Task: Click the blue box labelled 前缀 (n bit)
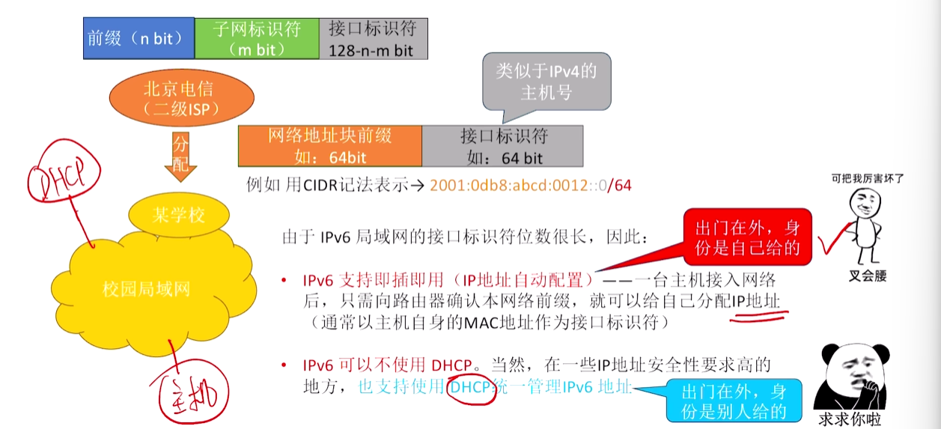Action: (x=139, y=38)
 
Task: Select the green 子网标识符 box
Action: (x=257, y=38)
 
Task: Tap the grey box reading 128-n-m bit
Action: (x=374, y=38)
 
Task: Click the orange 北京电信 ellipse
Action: (x=181, y=98)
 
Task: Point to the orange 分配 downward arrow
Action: (x=180, y=156)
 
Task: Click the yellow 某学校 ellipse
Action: (x=179, y=215)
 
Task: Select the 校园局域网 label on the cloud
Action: (x=146, y=289)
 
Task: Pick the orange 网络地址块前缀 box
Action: (x=330, y=146)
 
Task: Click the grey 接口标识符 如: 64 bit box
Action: (x=503, y=146)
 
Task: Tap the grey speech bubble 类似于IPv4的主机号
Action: (x=546, y=82)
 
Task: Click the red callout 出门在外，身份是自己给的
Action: (x=747, y=237)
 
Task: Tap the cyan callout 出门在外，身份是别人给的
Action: (x=734, y=401)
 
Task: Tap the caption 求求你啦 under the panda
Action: (x=850, y=419)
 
